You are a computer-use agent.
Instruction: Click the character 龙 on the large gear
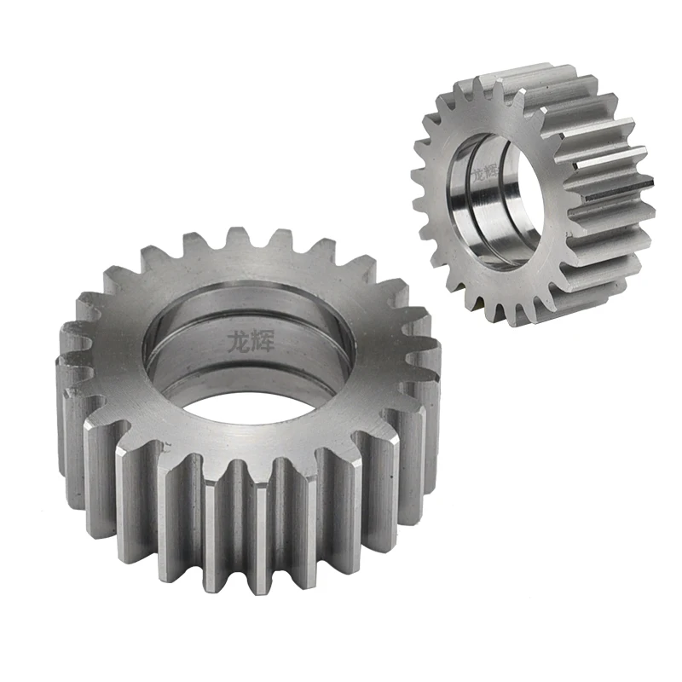(237, 340)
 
